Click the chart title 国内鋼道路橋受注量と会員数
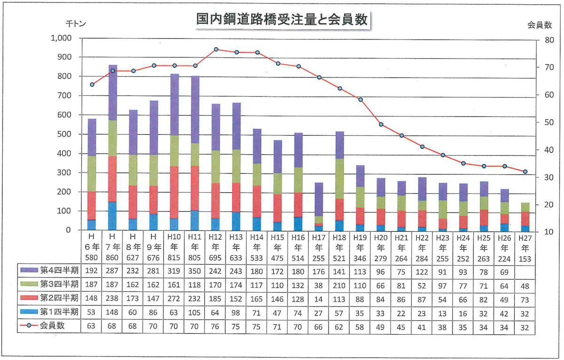click(282, 19)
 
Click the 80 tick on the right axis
click(548, 40)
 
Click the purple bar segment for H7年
click(113, 93)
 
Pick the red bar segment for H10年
click(174, 192)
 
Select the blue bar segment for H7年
click(113, 216)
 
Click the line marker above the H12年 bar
click(216, 49)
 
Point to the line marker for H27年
click(525, 172)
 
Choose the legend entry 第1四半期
click(49, 312)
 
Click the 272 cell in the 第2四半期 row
click(174, 298)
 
